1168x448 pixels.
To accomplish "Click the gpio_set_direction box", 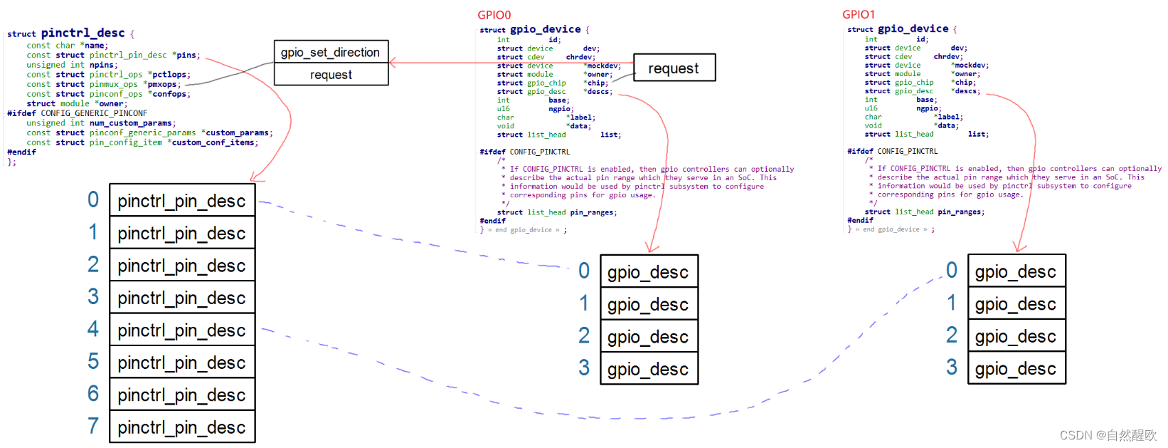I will (331, 52).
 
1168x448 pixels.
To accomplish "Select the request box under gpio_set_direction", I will (331, 75).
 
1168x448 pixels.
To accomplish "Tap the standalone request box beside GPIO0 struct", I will (674, 68).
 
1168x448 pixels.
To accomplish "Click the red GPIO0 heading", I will (494, 15).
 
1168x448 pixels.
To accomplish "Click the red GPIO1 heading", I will (859, 14).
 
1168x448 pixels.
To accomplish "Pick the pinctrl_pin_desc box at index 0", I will (182, 201).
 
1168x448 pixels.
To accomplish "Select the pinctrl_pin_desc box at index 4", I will (182, 330).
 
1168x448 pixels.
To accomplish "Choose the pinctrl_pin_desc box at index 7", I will (182, 427).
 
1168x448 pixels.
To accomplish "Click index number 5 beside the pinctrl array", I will (93, 361).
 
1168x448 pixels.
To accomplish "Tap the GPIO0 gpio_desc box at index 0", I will (649, 272).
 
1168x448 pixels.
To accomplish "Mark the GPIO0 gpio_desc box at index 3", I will (649, 369).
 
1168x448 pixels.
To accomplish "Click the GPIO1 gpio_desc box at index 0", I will (1016, 271).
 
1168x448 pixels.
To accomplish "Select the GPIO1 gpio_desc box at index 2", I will (1016, 336).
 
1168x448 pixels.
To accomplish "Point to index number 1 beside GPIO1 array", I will (952, 303).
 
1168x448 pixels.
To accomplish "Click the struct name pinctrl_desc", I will (83, 33).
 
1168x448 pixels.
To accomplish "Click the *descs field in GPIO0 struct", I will (598, 92).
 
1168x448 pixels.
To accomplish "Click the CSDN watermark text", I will (1108, 435).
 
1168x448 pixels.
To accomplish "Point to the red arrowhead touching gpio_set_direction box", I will (393, 63).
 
